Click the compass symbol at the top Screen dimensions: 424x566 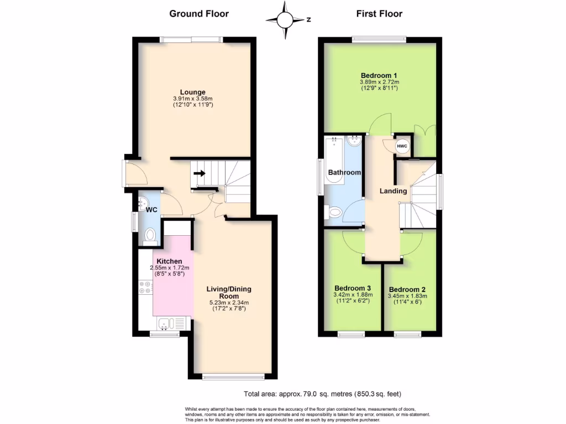285,19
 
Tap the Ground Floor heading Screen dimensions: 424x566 198,14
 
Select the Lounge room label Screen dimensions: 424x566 192,92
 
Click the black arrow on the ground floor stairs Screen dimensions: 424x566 200,173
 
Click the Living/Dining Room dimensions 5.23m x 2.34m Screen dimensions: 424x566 229,302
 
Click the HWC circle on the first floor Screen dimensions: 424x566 402,146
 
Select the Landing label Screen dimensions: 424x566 393,191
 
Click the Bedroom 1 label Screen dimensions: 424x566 379,76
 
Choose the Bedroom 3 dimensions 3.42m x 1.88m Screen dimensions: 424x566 354,295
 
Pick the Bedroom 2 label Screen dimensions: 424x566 407,289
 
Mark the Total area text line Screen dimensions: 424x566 322,394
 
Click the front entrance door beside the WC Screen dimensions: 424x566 135,174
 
